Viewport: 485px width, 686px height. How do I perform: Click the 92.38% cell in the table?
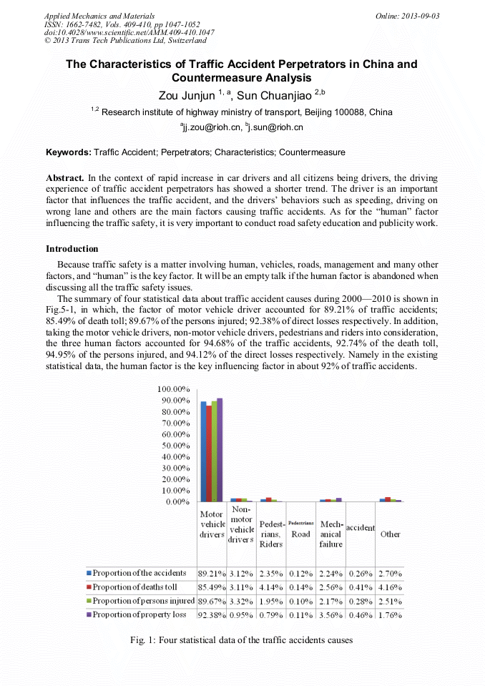pos(212,614)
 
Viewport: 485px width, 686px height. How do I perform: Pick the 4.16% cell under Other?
pos(390,587)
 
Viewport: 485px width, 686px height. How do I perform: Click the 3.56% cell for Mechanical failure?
pos(330,614)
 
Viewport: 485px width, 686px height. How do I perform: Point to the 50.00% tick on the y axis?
pos(172,446)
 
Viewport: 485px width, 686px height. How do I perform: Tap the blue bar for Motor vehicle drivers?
pos(203,451)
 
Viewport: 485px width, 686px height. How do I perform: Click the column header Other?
pos(390,534)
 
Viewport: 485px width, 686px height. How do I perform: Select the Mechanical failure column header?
pos(330,534)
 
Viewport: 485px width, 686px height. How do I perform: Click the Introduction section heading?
pos(72,249)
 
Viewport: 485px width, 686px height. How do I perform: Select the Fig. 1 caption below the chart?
pos(242,640)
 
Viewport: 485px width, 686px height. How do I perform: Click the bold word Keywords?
pos(69,152)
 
